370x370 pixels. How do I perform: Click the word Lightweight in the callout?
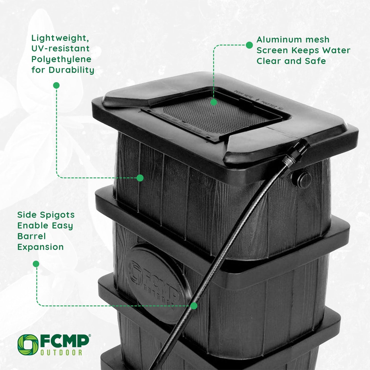pos(60,38)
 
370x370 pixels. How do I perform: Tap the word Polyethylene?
pos(61,59)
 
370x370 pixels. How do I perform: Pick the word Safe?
pos(315,61)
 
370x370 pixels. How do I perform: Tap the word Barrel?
pos(31,236)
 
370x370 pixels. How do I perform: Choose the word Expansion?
pos(40,247)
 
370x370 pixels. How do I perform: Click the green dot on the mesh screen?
pos(214,102)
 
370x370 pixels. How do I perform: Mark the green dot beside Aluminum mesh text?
pos(249,45)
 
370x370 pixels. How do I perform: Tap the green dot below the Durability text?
pos(56,85)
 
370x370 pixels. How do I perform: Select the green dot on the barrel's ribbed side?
pos(140,178)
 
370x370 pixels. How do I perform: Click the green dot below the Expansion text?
pos(36,264)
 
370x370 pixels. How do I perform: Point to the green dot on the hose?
pos(194,306)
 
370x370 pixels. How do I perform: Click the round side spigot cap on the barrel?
pos(304,177)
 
